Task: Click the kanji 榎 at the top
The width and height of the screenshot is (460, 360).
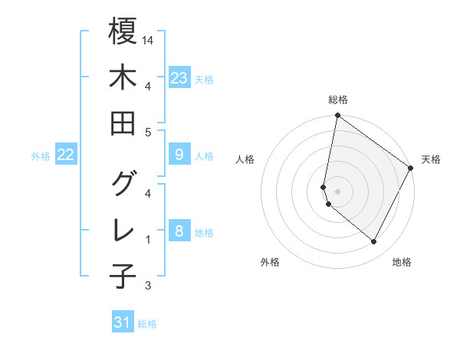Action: click(x=123, y=31)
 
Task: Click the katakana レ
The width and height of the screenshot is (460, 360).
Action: click(x=123, y=230)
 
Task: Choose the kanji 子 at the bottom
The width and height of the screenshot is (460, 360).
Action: click(x=123, y=276)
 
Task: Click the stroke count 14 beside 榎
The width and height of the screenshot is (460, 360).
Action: click(x=149, y=40)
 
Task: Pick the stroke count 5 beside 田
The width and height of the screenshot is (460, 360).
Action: click(x=148, y=132)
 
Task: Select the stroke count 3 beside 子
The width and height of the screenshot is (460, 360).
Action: click(x=148, y=286)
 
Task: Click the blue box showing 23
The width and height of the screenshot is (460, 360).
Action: click(x=179, y=77)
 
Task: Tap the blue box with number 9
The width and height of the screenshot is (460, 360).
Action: click(x=179, y=155)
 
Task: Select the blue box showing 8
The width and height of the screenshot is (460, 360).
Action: click(x=179, y=231)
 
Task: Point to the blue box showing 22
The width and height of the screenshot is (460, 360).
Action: click(x=66, y=155)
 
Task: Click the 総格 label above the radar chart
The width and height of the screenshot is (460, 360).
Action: click(x=337, y=100)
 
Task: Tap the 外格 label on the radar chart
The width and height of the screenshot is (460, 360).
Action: click(x=270, y=262)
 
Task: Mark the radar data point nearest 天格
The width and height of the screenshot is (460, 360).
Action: click(x=411, y=169)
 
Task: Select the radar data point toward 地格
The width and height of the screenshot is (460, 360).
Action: click(x=374, y=242)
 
